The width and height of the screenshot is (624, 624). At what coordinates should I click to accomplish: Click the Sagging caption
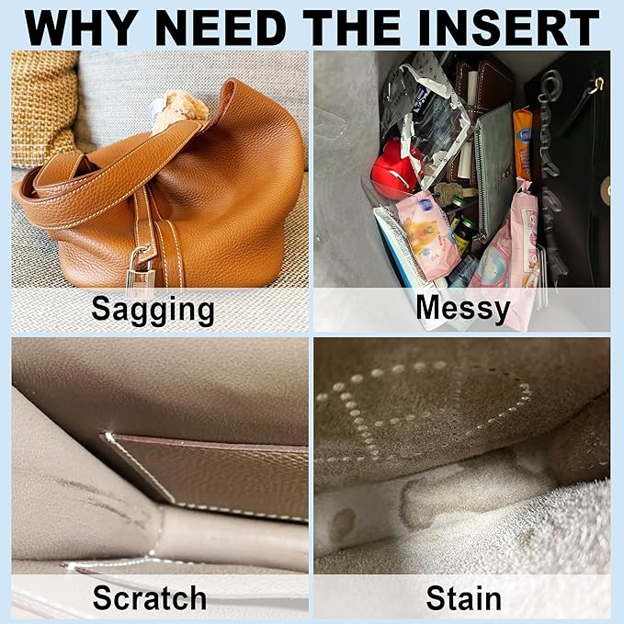153,310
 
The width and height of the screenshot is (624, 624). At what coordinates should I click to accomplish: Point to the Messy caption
463,309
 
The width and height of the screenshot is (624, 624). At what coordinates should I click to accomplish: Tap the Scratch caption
149,597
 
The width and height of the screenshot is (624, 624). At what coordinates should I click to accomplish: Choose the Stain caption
463,597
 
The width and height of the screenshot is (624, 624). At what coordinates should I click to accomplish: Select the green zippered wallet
494,171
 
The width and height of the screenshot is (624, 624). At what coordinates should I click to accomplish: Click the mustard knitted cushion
43,108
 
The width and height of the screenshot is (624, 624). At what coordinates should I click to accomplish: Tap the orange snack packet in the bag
523,144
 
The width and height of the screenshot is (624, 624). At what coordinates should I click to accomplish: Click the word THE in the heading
351,28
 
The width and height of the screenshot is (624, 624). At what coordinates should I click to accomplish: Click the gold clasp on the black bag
596,85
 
